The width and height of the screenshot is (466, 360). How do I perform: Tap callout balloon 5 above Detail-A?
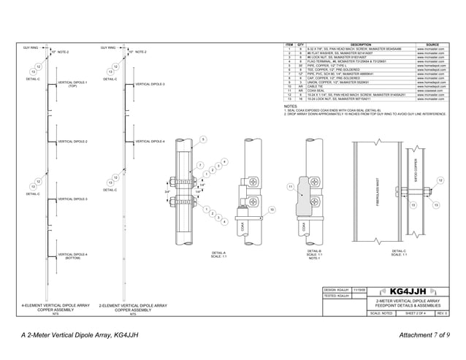coord(203,139)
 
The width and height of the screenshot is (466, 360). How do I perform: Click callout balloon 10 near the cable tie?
coord(271,210)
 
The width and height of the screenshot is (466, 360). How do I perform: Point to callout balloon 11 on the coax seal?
coord(290,187)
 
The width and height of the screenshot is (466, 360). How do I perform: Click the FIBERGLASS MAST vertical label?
coord(377,191)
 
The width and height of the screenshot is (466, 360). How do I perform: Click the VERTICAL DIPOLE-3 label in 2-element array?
coord(150,85)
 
